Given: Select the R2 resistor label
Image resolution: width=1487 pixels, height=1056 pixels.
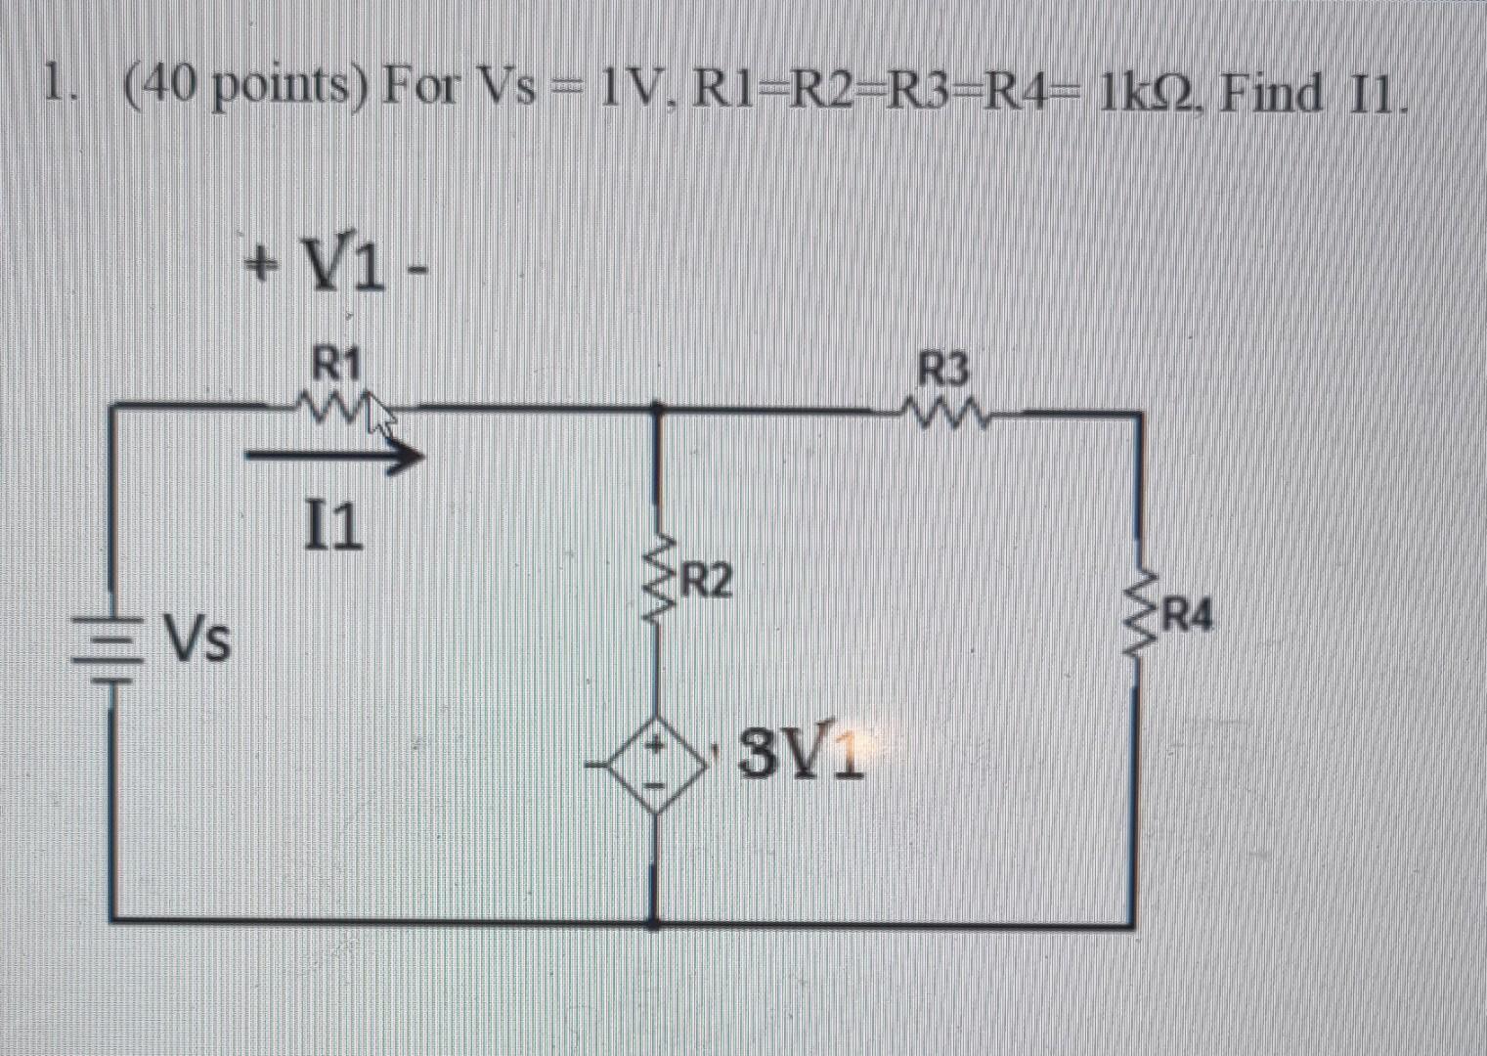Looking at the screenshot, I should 706,581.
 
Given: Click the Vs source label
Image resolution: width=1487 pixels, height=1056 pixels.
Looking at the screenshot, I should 197,639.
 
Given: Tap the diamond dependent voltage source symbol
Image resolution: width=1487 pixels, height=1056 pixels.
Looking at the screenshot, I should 656,766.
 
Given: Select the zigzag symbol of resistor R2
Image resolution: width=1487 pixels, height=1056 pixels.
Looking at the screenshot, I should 658,584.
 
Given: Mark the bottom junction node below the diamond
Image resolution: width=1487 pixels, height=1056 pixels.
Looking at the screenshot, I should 655,919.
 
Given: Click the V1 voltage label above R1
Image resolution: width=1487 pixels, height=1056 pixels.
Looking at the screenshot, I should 335,266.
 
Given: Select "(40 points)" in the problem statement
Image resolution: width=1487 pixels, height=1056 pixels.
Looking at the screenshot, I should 246,91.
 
